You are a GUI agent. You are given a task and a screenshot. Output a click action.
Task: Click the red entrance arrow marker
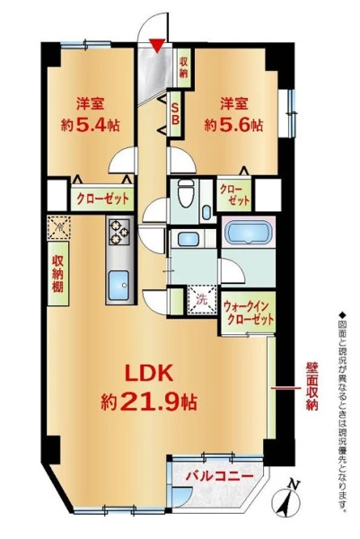tap(156, 46)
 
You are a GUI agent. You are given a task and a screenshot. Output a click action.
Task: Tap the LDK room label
tap(148, 374)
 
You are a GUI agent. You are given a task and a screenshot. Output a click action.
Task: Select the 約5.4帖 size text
tap(91, 126)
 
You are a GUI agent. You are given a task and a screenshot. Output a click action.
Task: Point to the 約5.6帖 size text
tap(234, 126)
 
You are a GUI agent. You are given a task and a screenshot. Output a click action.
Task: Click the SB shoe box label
tap(175, 113)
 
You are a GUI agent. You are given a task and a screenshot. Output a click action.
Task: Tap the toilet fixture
tap(186, 193)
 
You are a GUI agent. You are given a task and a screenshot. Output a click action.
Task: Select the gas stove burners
tap(119, 232)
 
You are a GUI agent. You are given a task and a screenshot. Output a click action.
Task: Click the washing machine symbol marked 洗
tap(202, 300)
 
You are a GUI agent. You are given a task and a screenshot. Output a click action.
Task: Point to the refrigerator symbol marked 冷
tap(59, 227)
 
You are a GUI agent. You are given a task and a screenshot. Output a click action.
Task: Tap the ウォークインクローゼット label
tap(249, 312)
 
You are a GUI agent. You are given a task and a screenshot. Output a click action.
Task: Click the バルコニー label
tap(220, 476)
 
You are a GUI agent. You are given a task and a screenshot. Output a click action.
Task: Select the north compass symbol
tap(286, 501)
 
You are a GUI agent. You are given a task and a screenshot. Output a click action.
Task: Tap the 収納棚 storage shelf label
tap(57, 274)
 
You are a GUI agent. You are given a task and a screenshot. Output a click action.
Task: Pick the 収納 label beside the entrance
tap(183, 66)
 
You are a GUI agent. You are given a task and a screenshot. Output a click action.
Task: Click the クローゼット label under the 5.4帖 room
tap(102, 199)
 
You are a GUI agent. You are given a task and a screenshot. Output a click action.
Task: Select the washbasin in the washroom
tap(189, 239)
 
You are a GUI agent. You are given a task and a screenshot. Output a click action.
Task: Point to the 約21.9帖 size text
tap(149, 402)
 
